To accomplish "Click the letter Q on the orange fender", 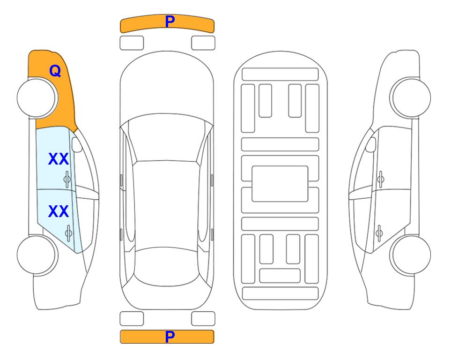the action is tap(55, 71).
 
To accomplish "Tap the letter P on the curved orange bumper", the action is tap(170, 22).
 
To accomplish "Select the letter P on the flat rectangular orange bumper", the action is tap(170, 337).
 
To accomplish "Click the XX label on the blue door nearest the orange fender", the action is tap(59, 159).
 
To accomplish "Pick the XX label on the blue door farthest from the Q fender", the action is tap(59, 211).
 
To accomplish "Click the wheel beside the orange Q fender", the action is tap(37, 98).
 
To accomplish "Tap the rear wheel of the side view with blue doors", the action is tap(37, 255).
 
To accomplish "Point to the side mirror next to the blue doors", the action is tap(77, 145).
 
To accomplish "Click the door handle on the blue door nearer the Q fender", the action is tap(67, 179).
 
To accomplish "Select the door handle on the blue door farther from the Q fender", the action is tap(68, 232).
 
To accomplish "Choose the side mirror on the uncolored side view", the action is tap(371, 145).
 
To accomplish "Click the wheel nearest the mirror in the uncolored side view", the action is tap(410, 98).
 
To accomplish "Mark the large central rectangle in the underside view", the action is tap(280, 184).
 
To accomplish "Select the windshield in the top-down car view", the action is tap(167, 138).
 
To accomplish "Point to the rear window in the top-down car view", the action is tap(167, 266).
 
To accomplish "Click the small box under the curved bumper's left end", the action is tap(132, 43).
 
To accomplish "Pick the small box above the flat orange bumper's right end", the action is tap(203, 319).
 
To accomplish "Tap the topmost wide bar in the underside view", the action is tap(280, 75).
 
